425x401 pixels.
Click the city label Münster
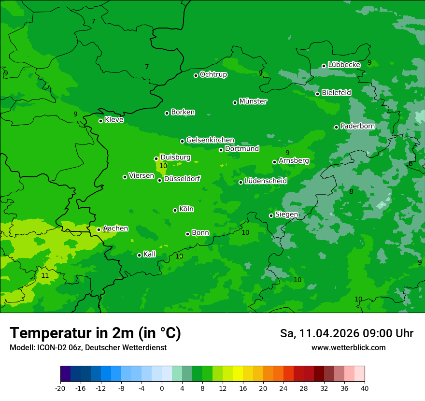click(253, 101)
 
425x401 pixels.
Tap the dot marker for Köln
click(175, 210)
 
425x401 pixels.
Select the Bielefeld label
click(336, 92)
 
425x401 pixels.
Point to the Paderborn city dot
click(336, 127)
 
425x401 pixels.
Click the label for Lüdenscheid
click(266, 181)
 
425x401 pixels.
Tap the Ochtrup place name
click(213, 74)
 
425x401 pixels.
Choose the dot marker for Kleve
click(100, 121)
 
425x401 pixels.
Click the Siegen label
click(286, 215)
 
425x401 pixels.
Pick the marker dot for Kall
click(139, 255)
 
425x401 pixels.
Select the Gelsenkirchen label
click(210, 140)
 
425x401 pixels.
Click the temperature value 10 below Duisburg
click(163, 166)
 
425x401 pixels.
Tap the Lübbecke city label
click(344, 65)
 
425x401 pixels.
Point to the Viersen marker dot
click(125, 177)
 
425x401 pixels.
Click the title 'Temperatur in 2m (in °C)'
click(95, 333)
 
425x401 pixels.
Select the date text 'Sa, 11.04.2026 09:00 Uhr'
click(346, 334)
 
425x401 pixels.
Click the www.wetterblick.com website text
click(348, 348)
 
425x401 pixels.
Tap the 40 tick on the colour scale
click(364, 388)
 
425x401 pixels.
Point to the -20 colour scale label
click(60, 388)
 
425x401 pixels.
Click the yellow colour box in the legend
click(238, 374)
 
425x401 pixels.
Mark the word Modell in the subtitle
click(21, 348)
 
